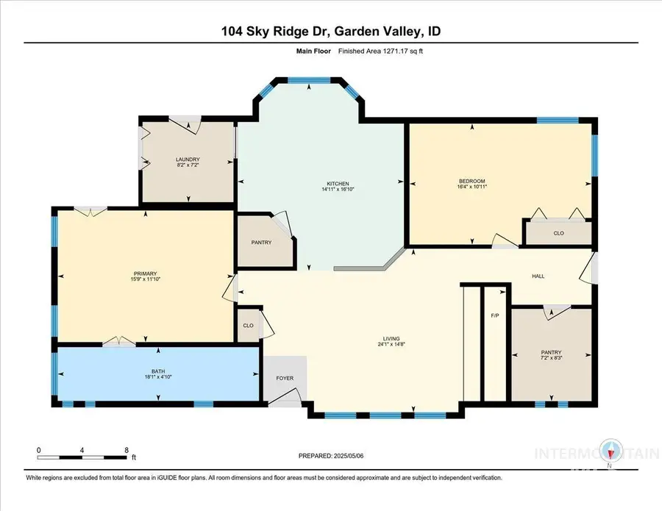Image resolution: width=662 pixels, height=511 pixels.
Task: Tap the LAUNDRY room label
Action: click(x=188, y=160)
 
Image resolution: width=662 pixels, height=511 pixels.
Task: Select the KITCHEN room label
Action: click(x=338, y=183)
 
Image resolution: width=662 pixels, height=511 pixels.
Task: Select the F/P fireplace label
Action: click(x=494, y=315)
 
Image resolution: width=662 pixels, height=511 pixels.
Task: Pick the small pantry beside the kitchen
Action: click(x=261, y=243)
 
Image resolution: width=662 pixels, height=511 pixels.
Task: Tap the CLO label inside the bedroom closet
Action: click(x=558, y=233)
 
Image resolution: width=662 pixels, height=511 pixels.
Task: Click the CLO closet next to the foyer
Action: click(x=248, y=325)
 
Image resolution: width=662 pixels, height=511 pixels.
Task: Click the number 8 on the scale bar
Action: click(x=126, y=449)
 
